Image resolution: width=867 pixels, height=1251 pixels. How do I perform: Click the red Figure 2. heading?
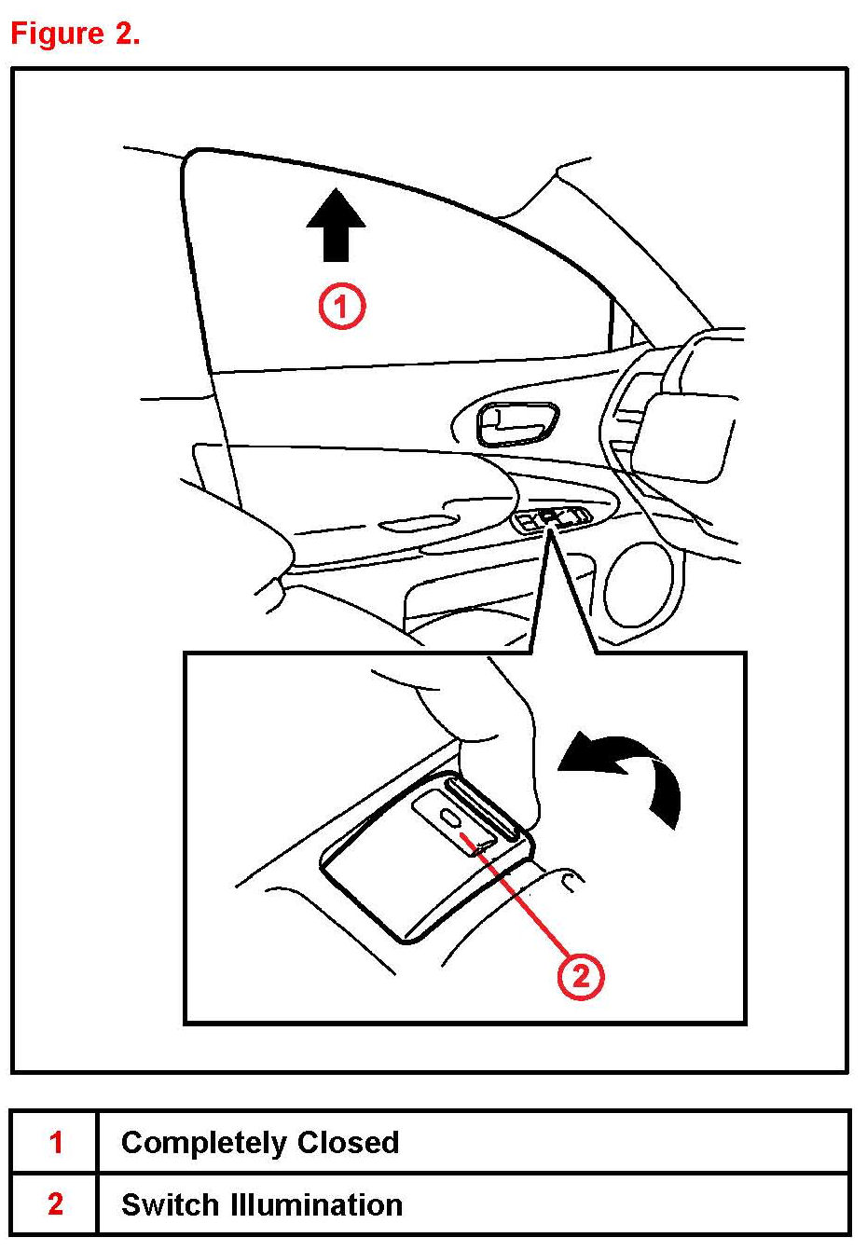pyautogui.click(x=76, y=34)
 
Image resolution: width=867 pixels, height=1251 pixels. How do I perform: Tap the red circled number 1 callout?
pyautogui.click(x=342, y=307)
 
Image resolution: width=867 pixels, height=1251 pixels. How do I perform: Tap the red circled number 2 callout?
pyautogui.click(x=581, y=976)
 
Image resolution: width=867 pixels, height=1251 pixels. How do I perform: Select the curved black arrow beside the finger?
pyautogui.click(x=629, y=769)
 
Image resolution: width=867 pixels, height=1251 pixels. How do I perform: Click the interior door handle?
pyautogui.click(x=517, y=424)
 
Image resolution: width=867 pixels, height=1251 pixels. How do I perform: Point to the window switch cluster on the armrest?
pyautogui.click(x=556, y=518)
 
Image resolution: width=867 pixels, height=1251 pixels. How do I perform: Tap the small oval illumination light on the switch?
pyautogui.click(x=450, y=818)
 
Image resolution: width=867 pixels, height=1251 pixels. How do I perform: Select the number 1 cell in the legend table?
pyautogui.click(x=55, y=1142)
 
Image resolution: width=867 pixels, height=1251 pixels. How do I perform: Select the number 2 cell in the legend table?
pyautogui.click(x=55, y=1203)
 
